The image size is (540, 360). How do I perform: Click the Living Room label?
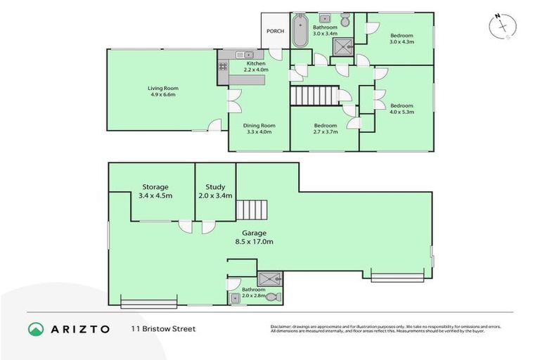coord(161,91)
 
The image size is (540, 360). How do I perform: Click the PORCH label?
coord(274,32)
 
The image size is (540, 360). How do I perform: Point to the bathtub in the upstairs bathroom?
coord(300,30)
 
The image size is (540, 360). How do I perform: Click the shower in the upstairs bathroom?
coord(342,46)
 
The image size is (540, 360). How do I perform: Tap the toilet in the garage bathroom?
coord(273,297)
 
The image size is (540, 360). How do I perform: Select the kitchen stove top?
coord(224,67)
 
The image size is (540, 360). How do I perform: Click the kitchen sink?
coord(243,55)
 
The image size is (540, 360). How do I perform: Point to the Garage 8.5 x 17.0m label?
coord(254,237)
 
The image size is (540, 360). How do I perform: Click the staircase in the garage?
coord(252,210)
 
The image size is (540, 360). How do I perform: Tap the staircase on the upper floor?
coord(313,95)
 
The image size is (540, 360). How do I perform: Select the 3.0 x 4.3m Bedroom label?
coord(401,39)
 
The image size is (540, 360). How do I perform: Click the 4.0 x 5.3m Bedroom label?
coord(401,108)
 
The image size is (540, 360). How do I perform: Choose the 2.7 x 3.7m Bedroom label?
coord(326,129)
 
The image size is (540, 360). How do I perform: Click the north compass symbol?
coord(502,26)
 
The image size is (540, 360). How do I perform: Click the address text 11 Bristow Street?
coord(162,328)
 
